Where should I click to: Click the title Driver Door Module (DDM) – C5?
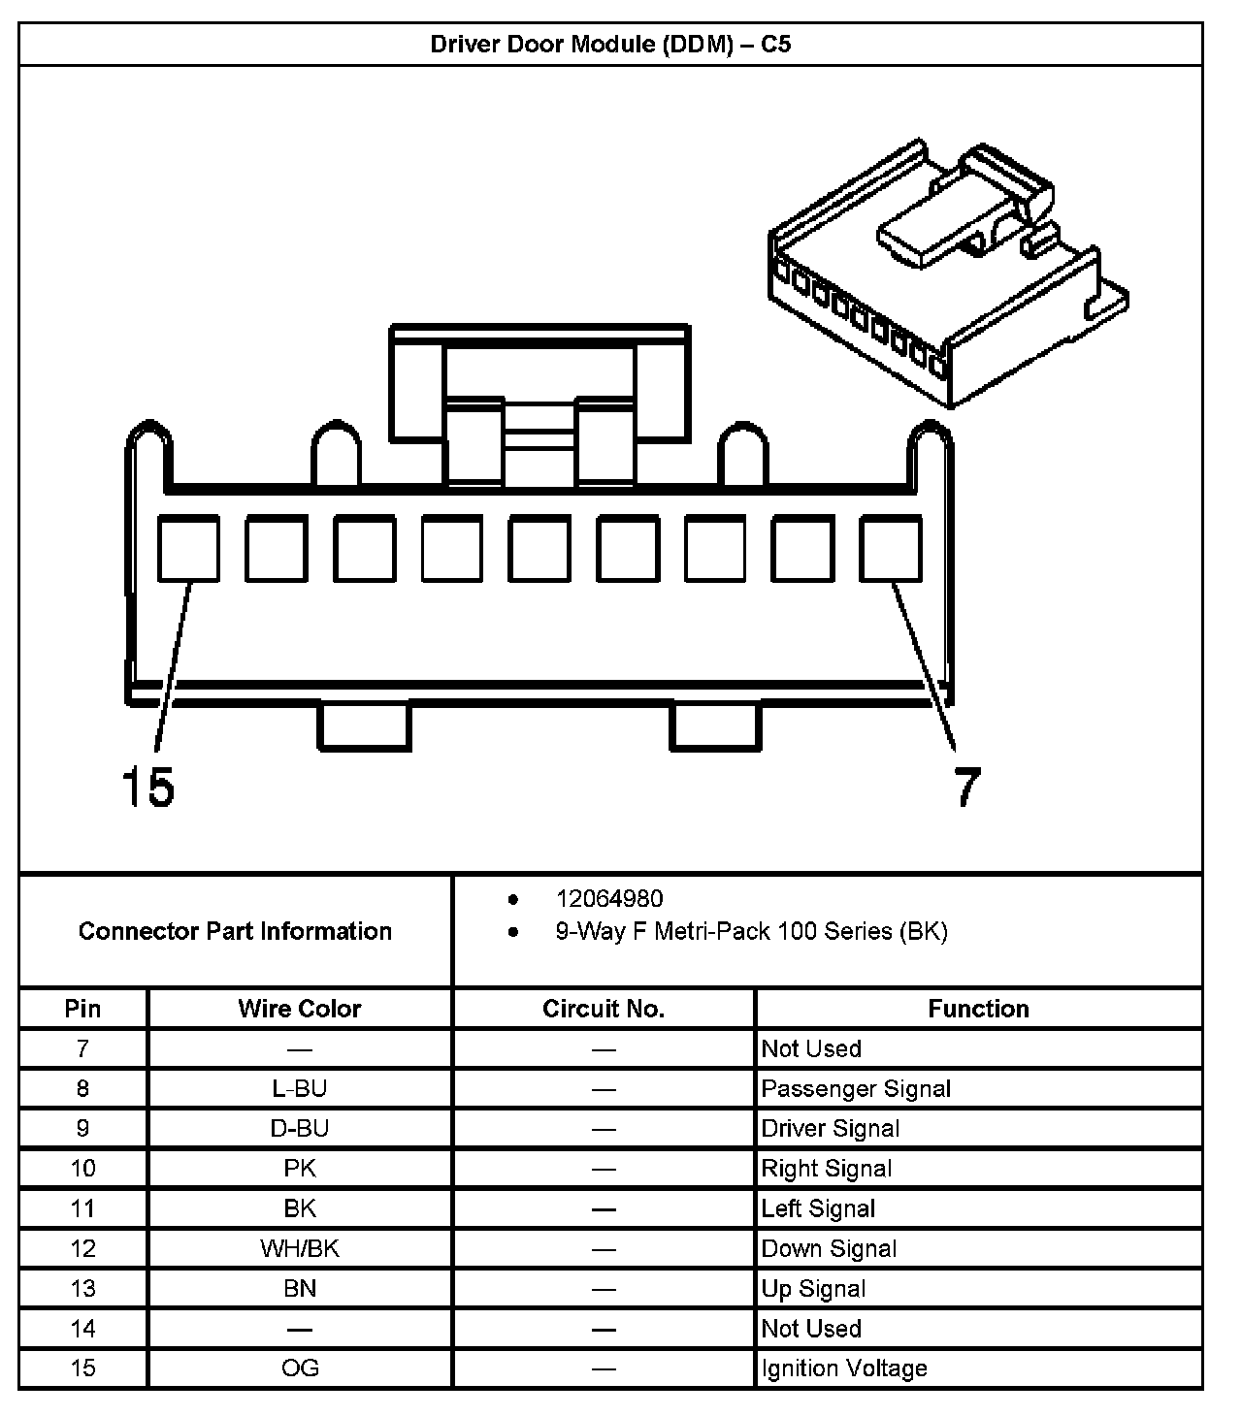tap(610, 45)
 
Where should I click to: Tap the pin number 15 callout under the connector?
tap(147, 786)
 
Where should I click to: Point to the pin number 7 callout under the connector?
tap(966, 786)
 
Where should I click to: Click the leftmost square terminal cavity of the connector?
tap(188, 548)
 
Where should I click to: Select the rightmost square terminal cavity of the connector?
tap(890, 548)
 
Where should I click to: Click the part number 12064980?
tap(609, 899)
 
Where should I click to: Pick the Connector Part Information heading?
tap(235, 931)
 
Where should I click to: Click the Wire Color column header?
tap(300, 1009)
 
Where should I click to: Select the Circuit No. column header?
tap(604, 1009)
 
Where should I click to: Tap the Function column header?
tap(978, 1009)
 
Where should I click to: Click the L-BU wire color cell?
tap(300, 1088)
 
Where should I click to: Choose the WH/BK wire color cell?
tap(300, 1248)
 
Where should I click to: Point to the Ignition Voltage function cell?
tap(844, 1368)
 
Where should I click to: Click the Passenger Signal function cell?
tap(856, 1088)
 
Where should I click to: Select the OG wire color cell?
tap(300, 1368)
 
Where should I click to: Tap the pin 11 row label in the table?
tap(82, 1208)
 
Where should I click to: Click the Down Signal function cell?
tap(829, 1248)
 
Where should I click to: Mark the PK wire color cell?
tap(300, 1169)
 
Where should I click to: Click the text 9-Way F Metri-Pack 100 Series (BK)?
tap(751, 931)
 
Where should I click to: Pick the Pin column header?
tap(82, 1009)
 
